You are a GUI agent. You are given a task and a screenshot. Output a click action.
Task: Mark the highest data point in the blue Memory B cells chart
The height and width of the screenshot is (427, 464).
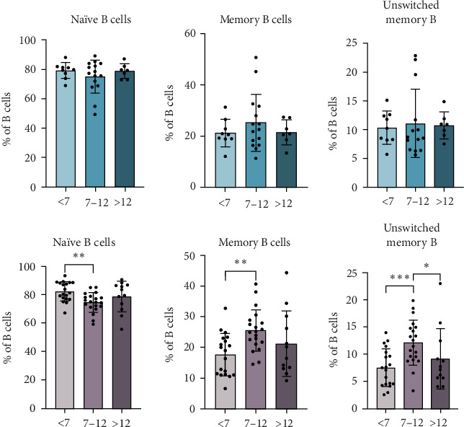coord(236,57)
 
